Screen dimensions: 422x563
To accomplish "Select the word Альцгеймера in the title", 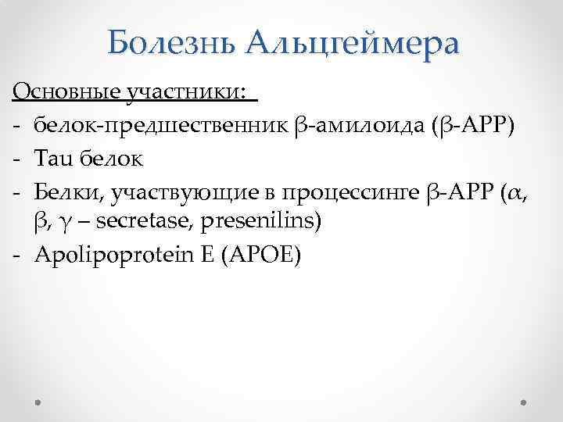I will (352, 44).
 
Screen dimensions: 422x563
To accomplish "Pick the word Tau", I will (54, 159).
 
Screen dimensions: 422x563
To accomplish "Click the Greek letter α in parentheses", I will (513, 192).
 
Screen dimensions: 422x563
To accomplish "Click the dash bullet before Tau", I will (16, 159).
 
